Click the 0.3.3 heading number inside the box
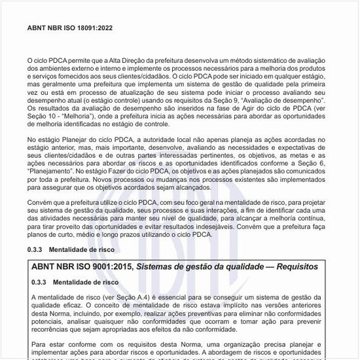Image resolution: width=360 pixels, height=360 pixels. (x=41, y=282)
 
